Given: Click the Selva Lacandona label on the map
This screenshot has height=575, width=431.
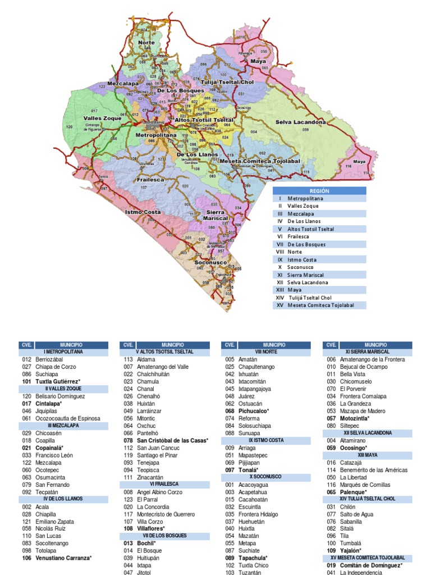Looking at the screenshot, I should [x=300, y=122].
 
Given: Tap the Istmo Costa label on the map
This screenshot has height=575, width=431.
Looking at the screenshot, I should [x=143, y=212].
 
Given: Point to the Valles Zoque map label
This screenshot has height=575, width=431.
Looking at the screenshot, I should [x=103, y=118].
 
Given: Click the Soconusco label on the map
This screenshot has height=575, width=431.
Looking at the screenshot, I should [x=210, y=262].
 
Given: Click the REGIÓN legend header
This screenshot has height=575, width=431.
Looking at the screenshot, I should [x=319, y=191].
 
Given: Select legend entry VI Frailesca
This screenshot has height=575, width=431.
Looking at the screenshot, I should [x=300, y=237].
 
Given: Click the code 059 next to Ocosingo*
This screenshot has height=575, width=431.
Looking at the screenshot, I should [x=331, y=448].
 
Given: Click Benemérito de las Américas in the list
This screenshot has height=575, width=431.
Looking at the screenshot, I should [x=374, y=470].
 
